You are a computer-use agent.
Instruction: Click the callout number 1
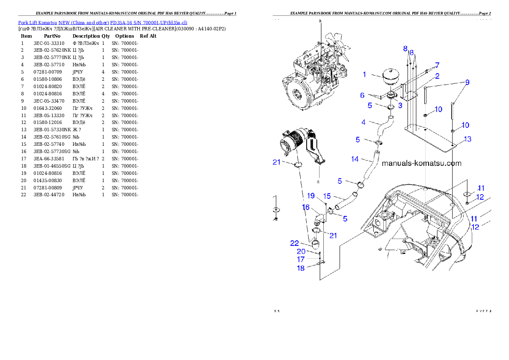pyautogui.click(x=364, y=74)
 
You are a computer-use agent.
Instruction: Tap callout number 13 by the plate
pyautogui.click(x=467, y=139)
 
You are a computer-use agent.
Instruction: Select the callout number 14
pyautogui.click(x=355, y=159)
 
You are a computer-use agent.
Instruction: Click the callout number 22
pyautogui.click(x=294, y=243)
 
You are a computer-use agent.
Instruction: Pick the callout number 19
pyautogui.click(x=311, y=196)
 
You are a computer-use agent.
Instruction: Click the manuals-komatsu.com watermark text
pyautogui.click(x=421, y=163)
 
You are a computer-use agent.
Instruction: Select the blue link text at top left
pyautogui.click(x=103, y=23)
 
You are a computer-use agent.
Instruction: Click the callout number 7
pyautogui.click(x=437, y=65)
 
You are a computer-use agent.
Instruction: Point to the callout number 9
pyautogui.click(x=467, y=82)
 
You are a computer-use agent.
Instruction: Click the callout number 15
pyautogui.click(x=327, y=196)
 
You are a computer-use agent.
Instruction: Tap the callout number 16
pyautogui.click(x=306, y=207)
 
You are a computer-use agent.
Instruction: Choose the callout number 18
pyautogui.click(x=301, y=268)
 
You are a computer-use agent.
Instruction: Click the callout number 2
pyautogui.click(x=437, y=76)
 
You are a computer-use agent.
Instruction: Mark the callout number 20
pyautogui.click(x=301, y=251)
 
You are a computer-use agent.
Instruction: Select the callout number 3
pyautogui.click(x=400, y=105)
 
